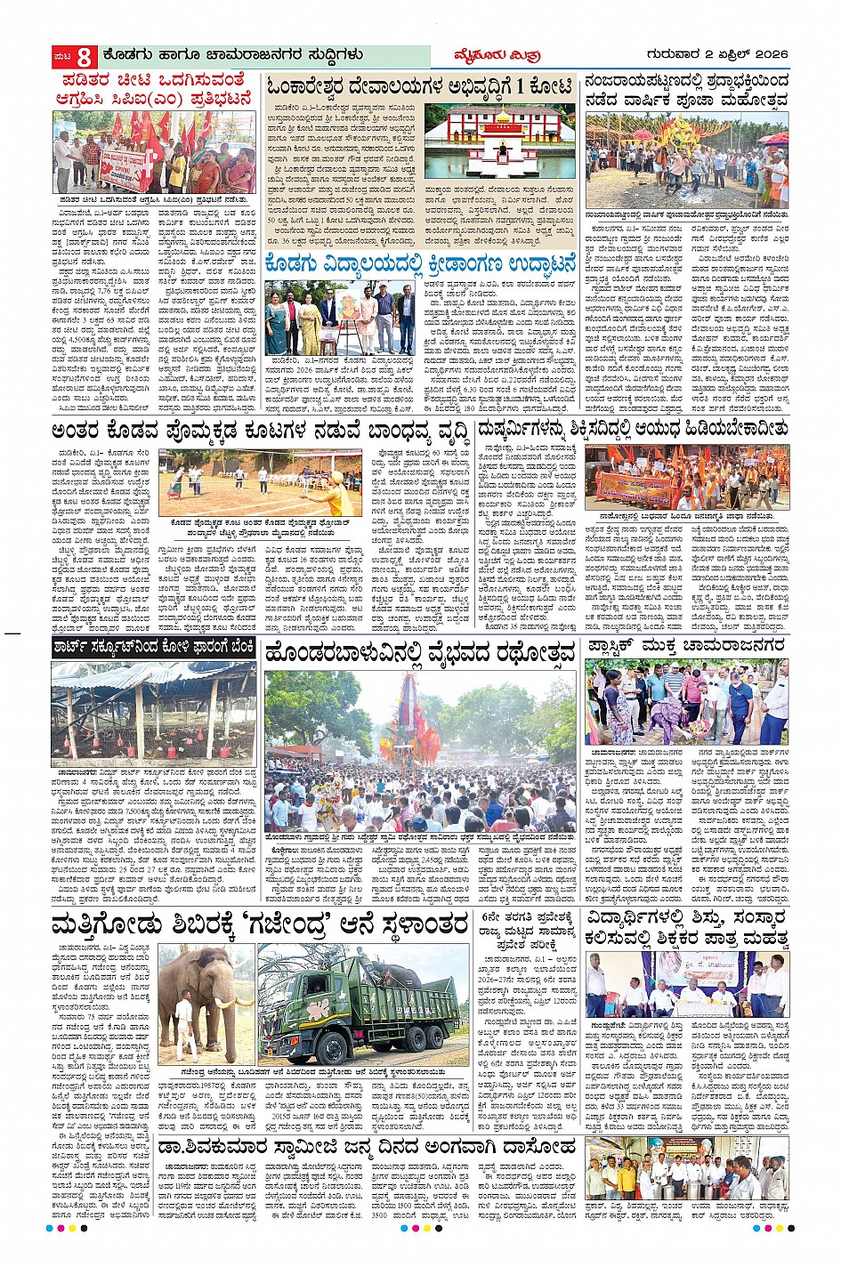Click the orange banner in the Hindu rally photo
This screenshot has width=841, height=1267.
634,488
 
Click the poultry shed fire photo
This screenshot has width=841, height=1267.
154,712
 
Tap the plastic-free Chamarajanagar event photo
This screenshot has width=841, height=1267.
686,702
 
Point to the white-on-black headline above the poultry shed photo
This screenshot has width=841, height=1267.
154,648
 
